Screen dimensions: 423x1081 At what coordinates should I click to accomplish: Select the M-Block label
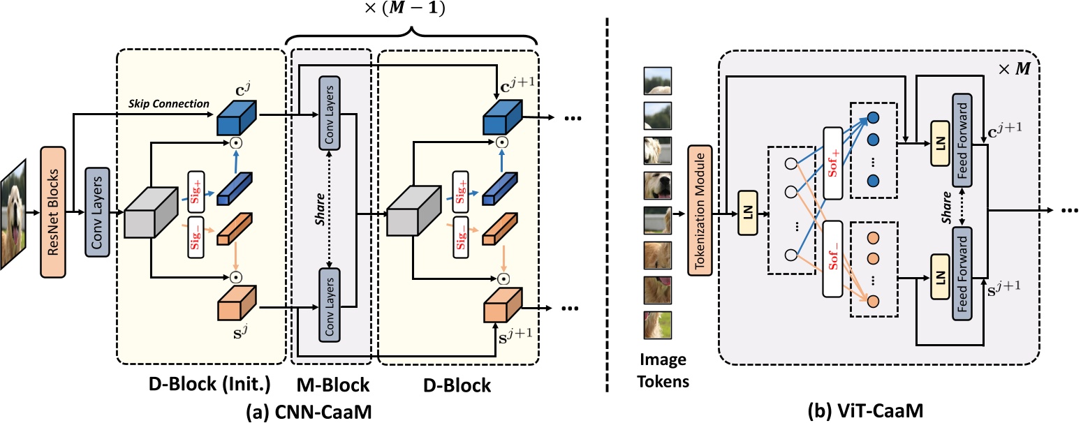(331, 385)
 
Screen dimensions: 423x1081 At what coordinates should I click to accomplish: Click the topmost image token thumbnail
(657, 79)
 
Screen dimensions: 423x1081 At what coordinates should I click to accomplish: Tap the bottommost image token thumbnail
(657, 326)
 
